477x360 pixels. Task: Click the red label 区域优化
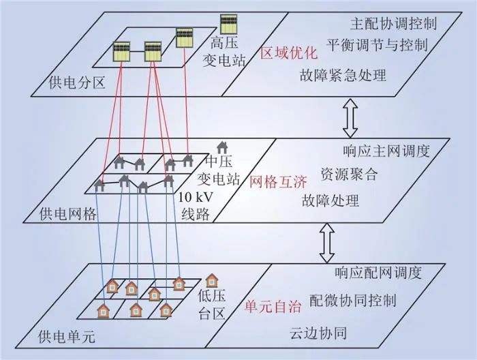289,52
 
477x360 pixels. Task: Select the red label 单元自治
272,307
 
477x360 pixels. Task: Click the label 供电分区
76,83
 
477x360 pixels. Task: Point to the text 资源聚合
348,174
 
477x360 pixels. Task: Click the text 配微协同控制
353,300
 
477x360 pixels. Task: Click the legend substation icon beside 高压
228,22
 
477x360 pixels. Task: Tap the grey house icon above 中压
222,147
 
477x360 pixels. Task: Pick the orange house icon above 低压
213,280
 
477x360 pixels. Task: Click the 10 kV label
195,198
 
